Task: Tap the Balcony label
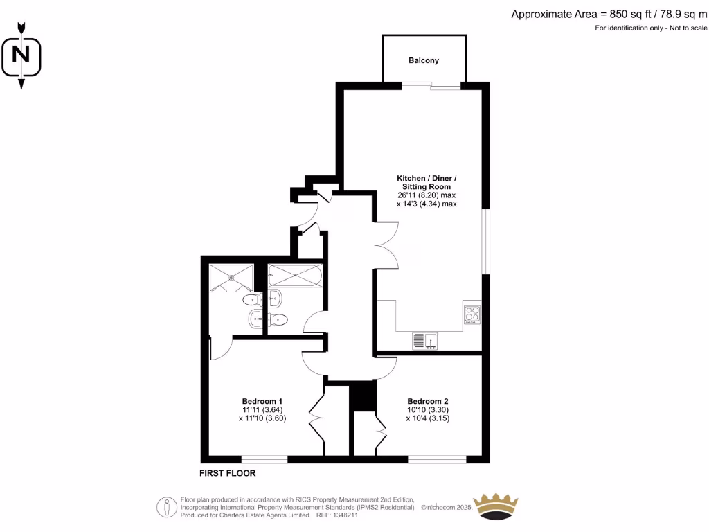pos(424,60)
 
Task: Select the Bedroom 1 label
pos(262,402)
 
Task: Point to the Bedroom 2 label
pos(428,402)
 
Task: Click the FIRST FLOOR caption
pos(228,474)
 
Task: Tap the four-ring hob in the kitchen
pos(472,314)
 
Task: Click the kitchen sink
pos(424,340)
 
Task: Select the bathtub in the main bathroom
pos(295,276)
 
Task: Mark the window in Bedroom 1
pos(264,459)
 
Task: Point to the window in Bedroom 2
pos(437,459)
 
